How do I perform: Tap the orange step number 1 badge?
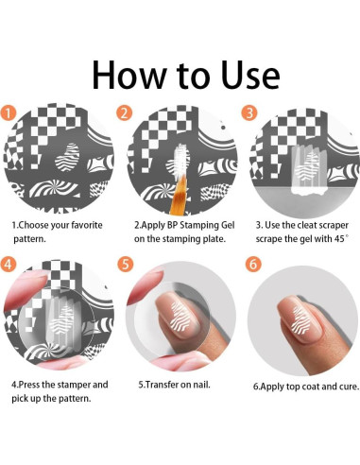pos(8,113)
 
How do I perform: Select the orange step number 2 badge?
pos(125,113)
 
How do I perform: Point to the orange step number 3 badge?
pos(249,112)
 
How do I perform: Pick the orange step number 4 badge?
pos(8,264)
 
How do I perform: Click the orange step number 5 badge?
pos(126,264)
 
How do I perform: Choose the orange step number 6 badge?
pos(253,264)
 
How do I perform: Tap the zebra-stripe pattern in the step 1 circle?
pos(67,157)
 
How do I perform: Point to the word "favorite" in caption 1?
pos(87,225)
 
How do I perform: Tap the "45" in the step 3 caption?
pos(339,239)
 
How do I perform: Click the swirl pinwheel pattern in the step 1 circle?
pos(54,188)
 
